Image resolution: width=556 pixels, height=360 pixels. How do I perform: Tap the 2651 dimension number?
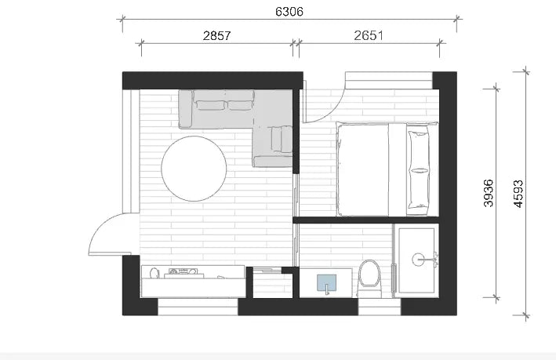click(369, 36)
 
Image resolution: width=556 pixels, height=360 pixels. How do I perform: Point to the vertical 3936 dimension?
click(488, 193)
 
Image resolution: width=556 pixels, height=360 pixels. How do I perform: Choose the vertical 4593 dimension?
click(518, 193)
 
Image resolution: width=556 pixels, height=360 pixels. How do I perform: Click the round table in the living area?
click(194, 169)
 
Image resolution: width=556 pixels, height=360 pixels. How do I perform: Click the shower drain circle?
click(428, 256)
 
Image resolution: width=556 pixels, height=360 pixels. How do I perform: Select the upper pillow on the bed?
click(420, 146)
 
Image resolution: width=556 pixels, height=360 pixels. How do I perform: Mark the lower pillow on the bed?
click(420, 189)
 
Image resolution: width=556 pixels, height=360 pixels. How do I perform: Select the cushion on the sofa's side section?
click(276, 139)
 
